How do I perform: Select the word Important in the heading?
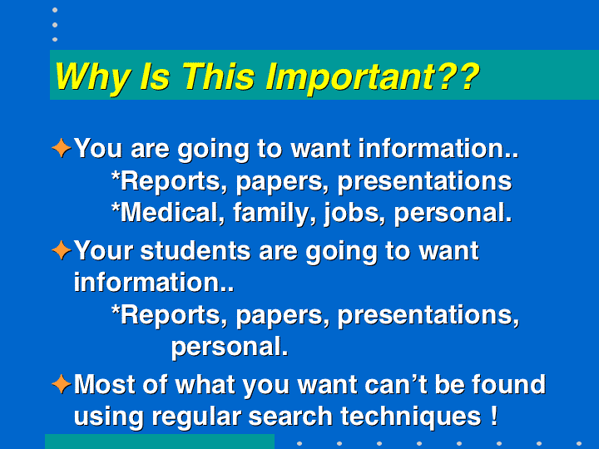351,77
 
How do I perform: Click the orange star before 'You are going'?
62,148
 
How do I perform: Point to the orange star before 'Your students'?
62,250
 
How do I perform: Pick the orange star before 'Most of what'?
62,384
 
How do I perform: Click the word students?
196,251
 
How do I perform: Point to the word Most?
105,384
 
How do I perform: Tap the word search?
290,416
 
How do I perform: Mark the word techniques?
411,417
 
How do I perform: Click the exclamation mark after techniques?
494,416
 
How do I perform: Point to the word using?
108,417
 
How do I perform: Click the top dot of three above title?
55,10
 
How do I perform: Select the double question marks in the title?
458,76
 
